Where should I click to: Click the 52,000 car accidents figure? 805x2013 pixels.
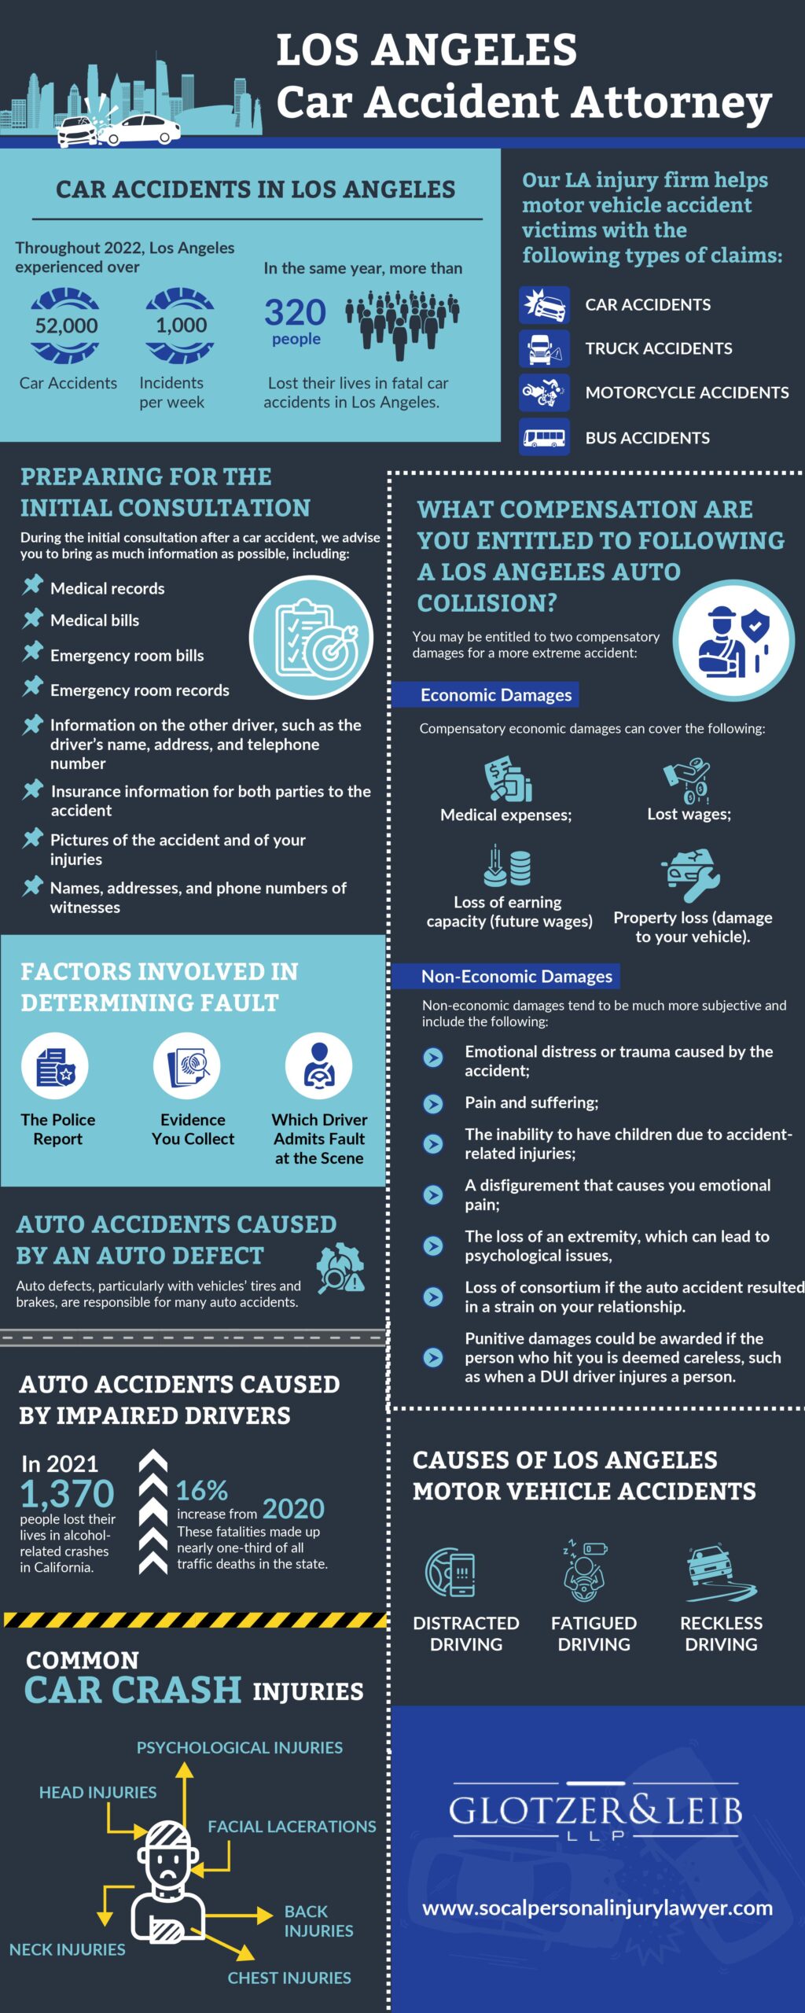[x=67, y=326]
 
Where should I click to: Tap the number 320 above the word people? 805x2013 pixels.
[x=295, y=313]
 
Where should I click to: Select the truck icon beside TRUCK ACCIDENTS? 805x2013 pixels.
[x=544, y=348]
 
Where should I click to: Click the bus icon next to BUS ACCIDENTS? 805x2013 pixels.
[x=544, y=437]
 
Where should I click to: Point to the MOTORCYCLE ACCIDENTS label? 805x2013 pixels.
[x=686, y=392]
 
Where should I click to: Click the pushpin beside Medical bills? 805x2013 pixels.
[x=32, y=619]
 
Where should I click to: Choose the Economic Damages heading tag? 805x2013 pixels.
[x=495, y=695]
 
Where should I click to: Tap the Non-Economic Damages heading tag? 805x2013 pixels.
[x=516, y=977]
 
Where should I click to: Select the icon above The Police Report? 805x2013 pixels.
[x=55, y=1066]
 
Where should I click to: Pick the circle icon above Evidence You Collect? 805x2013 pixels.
[x=187, y=1066]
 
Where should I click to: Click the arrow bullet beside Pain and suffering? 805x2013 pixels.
[x=433, y=1103]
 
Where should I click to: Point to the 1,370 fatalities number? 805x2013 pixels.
[x=68, y=1493]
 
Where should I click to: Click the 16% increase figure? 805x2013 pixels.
[x=201, y=1490]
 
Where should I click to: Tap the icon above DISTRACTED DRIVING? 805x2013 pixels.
[x=450, y=1572]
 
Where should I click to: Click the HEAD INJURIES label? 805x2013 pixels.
[x=98, y=1792]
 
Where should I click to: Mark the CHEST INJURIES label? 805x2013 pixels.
[x=289, y=1978]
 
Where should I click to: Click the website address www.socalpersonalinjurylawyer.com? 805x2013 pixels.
[x=597, y=1908]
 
